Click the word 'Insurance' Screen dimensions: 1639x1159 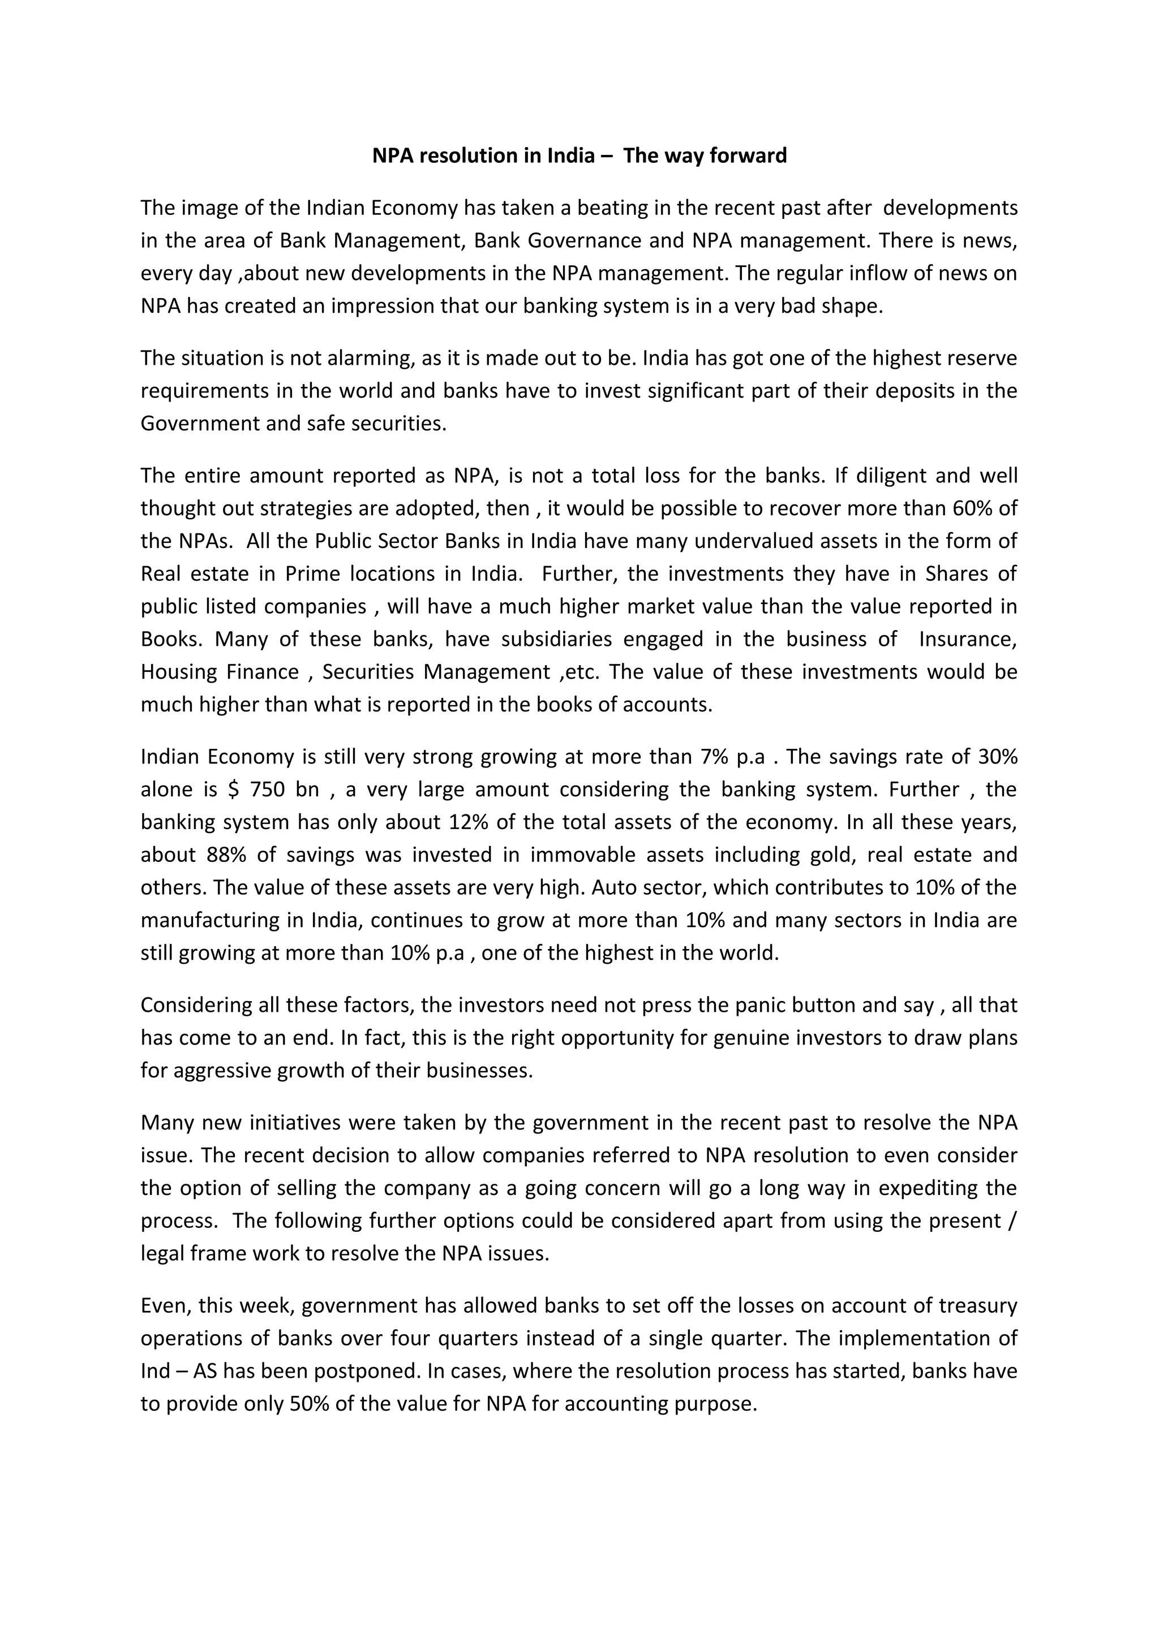(x=967, y=639)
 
